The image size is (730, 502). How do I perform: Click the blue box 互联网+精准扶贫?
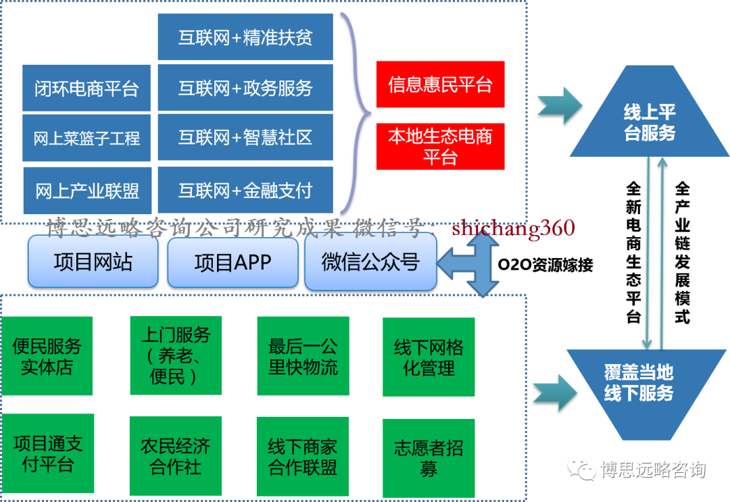[245, 36]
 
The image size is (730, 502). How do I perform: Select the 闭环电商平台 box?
[87, 88]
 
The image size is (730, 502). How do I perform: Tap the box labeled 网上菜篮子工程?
[87, 139]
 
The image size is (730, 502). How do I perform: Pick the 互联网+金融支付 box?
[245, 191]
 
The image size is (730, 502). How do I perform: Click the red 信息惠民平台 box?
[440, 84]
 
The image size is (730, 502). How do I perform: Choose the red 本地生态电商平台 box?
[440, 147]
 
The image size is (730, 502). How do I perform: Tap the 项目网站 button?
[93, 262]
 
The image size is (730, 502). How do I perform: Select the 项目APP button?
[233, 262]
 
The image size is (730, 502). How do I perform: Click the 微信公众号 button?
[370, 262]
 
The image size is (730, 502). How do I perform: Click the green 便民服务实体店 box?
[47, 356]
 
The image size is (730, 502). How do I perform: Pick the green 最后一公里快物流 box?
[303, 356]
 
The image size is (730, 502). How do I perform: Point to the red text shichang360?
[514, 228]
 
